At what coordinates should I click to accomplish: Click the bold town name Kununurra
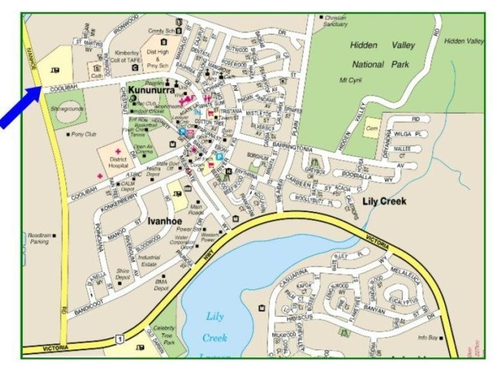point(151,91)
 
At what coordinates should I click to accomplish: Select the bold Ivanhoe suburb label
point(166,221)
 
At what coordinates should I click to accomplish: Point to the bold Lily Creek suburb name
point(384,201)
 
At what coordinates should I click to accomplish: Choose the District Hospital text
point(117,162)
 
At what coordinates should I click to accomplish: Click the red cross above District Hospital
point(117,151)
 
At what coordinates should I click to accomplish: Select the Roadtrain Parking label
point(38,239)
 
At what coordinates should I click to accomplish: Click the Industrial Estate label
point(149,260)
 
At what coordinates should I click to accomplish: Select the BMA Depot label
point(161,286)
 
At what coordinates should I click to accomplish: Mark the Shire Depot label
point(124,274)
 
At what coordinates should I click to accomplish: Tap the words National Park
point(376,64)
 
